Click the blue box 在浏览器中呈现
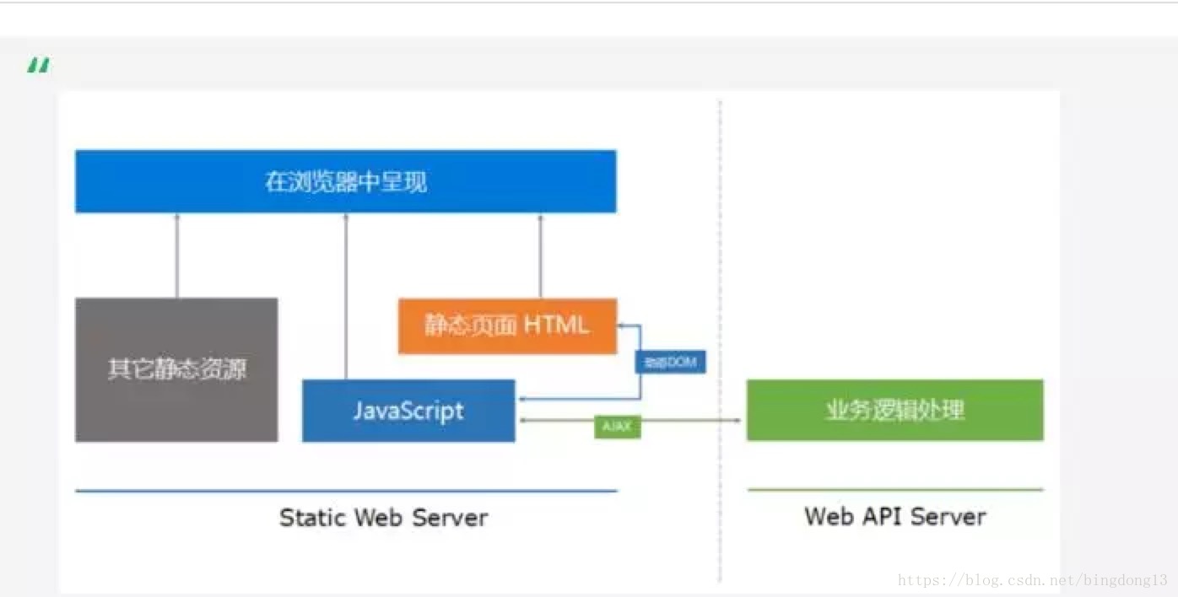pos(346,181)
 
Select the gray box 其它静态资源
pos(176,369)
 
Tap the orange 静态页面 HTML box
pos(507,325)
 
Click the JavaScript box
pos(408,411)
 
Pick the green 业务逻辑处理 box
pos(894,410)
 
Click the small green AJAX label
pos(617,427)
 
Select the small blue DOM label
pos(670,362)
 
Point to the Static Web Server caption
pos(383,517)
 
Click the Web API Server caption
pos(894,516)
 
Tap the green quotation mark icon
pos(38,65)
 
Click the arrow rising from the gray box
pos(177,255)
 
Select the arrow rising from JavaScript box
pos(346,295)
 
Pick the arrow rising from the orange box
pos(541,255)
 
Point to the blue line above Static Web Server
pos(346,491)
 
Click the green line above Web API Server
pos(894,489)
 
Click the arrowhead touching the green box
pos(739,420)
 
